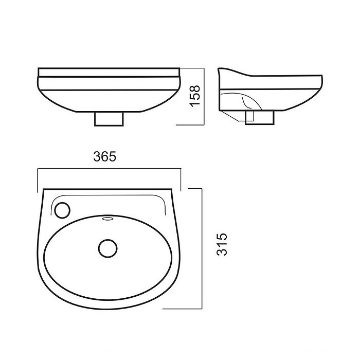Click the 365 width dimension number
[x=105, y=156]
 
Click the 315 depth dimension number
[x=222, y=244]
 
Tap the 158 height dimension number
[x=195, y=96]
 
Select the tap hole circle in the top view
[x=62, y=210]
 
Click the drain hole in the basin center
[x=108, y=248]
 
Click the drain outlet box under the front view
[x=109, y=119]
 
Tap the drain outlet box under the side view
[x=260, y=118]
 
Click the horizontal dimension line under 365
[x=109, y=169]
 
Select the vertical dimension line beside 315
[x=202, y=248]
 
